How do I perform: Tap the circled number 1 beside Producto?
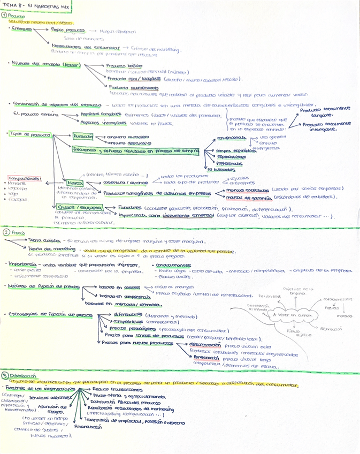[5, 16]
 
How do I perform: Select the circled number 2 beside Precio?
[5, 233]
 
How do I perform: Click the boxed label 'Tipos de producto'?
[30, 135]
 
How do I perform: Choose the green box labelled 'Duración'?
[82, 137]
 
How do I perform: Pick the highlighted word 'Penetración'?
[207, 359]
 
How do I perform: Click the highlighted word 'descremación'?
[207, 345]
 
